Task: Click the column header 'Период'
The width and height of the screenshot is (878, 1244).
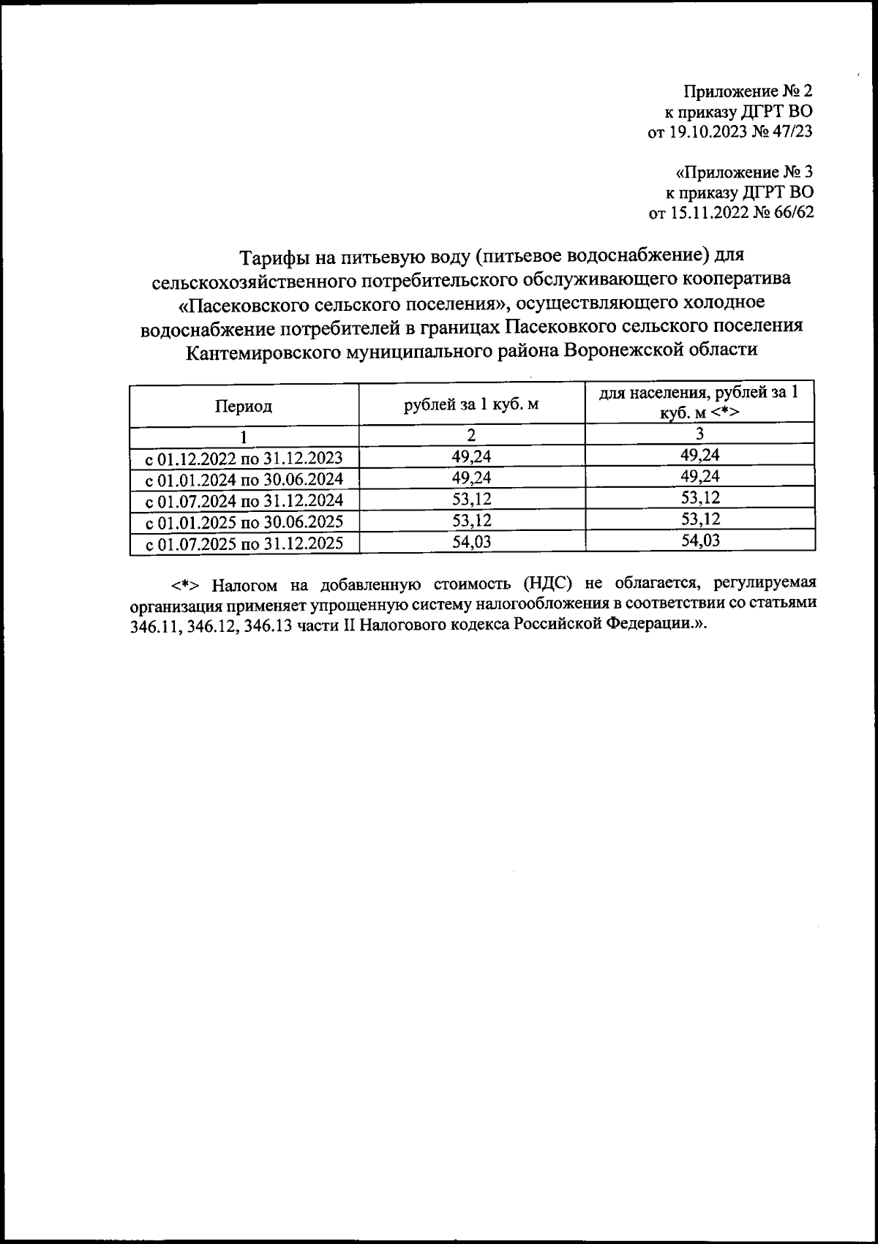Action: tap(244, 407)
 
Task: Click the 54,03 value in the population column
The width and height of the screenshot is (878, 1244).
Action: tap(699, 541)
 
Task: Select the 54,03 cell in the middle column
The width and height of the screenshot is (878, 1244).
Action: tap(471, 542)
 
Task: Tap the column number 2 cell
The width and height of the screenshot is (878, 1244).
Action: tap(472, 435)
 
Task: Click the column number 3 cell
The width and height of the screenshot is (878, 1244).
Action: tap(700, 434)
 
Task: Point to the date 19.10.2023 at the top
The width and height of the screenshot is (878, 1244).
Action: tap(703, 132)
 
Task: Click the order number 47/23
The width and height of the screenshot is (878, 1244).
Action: tap(791, 132)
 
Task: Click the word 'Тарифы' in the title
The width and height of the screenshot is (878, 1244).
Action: tap(277, 257)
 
